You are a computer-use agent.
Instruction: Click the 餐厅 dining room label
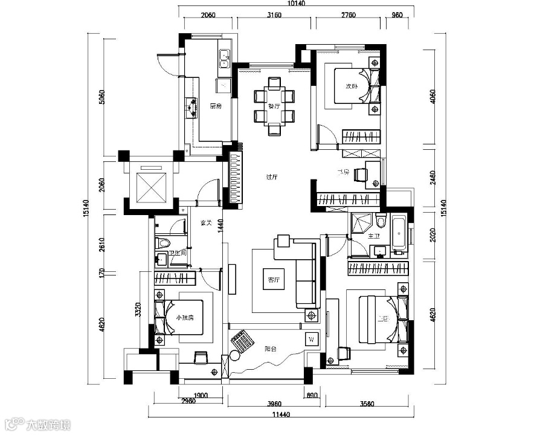pyautogui.click(x=274, y=106)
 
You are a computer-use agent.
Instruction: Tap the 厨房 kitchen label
pyautogui.click(x=216, y=106)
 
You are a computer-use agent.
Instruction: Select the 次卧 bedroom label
pyautogui.click(x=352, y=86)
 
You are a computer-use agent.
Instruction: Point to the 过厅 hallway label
pyautogui.click(x=271, y=177)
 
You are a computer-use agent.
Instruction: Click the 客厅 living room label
pyautogui.click(x=274, y=280)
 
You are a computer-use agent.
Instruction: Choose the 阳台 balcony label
pyautogui.click(x=270, y=349)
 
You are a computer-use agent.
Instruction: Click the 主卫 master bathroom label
pyautogui.click(x=373, y=237)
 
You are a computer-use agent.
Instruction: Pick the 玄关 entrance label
pyautogui.click(x=205, y=223)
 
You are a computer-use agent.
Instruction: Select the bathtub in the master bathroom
pyautogui.click(x=399, y=235)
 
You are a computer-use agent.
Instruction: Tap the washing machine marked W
pyautogui.click(x=312, y=338)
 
